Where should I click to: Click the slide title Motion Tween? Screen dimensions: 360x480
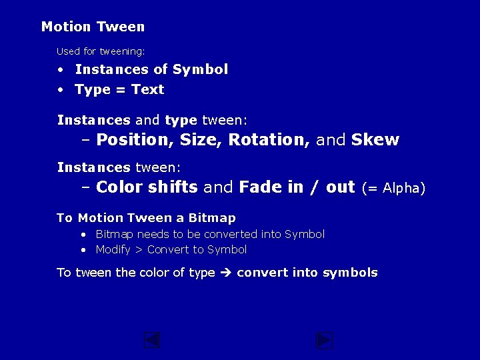[x=93, y=27]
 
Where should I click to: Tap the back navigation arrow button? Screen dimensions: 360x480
[x=152, y=341]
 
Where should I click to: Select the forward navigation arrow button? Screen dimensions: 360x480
[x=324, y=341]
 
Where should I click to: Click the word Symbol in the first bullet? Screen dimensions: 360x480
[x=200, y=69]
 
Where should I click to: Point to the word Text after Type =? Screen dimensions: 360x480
[x=147, y=89]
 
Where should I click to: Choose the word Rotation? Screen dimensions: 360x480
[x=269, y=140]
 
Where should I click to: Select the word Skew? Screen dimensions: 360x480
[x=375, y=140]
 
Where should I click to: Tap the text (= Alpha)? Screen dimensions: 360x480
[x=393, y=188]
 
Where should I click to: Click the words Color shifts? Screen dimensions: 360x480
[x=147, y=187]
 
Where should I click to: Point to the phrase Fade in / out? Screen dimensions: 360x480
[x=297, y=187]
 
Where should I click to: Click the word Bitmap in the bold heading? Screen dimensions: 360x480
[x=212, y=218]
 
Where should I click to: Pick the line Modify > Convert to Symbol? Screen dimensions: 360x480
[x=171, y=250]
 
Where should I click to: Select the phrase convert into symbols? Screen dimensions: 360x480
[x=307, y=273]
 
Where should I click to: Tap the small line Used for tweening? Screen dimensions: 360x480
[x=101, y=51]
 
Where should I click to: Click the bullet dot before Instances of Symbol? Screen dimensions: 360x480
[x=60, y=70]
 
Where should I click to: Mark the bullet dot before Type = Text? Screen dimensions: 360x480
[x=60, y=90]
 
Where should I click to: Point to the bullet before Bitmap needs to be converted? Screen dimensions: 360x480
[x=83, y=235]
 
